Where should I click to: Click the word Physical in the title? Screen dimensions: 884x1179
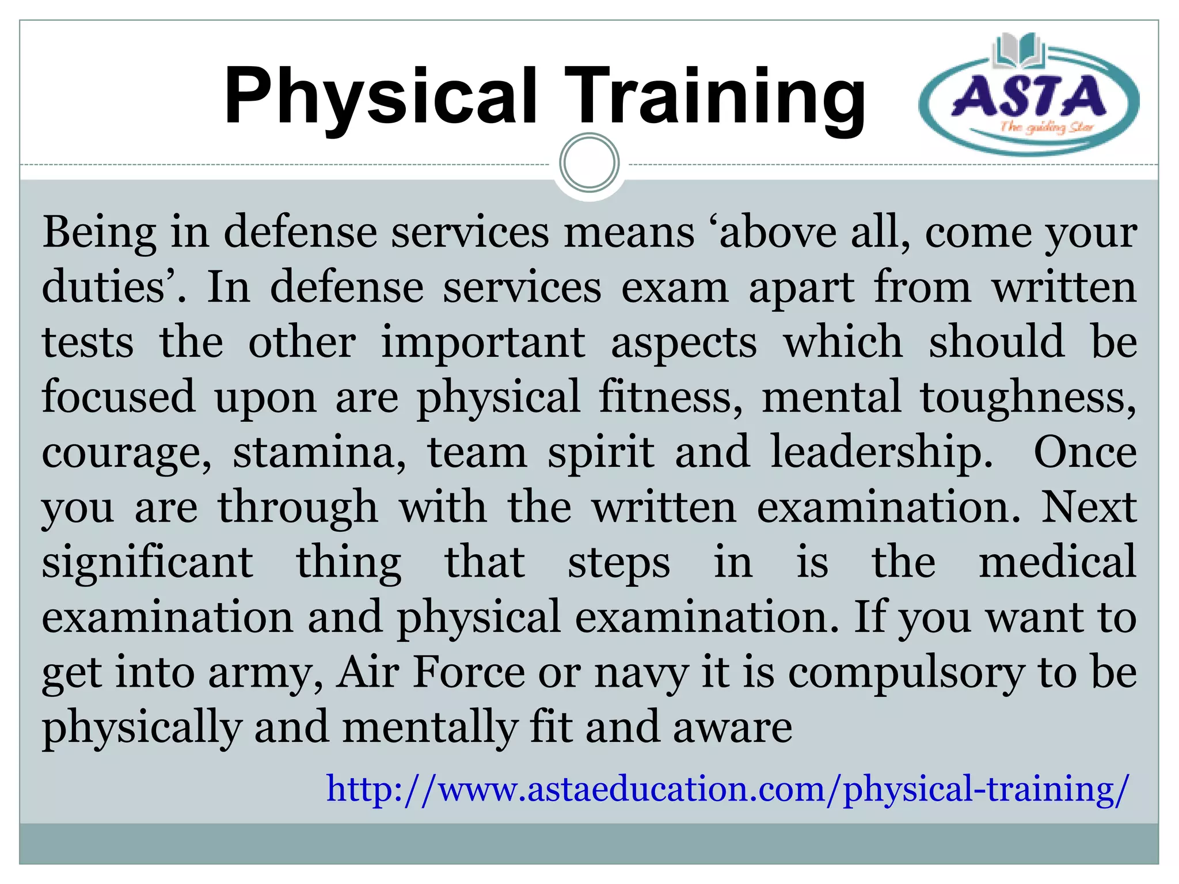point(380,97)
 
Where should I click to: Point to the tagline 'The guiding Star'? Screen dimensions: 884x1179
point(1046,127)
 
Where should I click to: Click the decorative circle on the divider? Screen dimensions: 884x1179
point(589,163)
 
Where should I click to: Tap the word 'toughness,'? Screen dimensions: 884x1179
point(1028,397)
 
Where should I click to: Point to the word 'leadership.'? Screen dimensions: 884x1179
point(881,453)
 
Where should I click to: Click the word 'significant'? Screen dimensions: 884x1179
point(147,562)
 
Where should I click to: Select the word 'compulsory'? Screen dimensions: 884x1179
point(906,673)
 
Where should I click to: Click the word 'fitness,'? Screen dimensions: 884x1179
point(671,397)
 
